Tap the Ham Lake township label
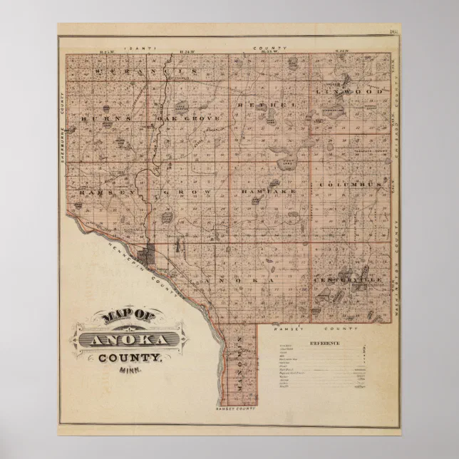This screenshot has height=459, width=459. tap(268, 192)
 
